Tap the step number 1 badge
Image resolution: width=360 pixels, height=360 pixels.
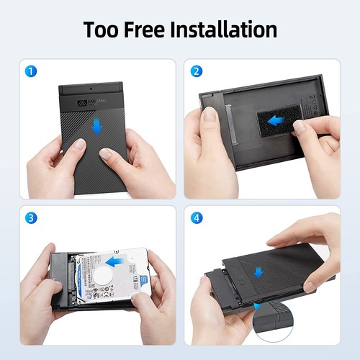30,71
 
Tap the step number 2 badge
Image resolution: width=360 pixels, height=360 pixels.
197,71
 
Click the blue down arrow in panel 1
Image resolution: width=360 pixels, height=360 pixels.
96,127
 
